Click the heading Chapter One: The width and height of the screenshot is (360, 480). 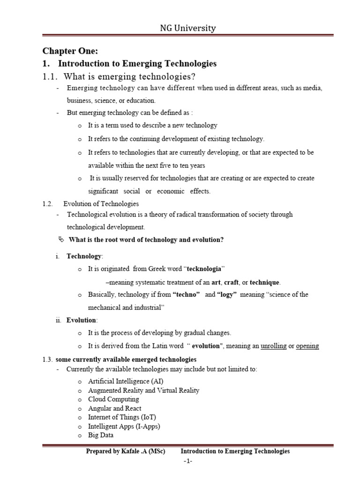click(x=70, y=51)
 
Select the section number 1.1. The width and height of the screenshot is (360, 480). click(x=50, y=76)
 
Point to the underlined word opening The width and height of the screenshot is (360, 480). click(x=307, y=346)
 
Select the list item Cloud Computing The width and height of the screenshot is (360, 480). click(x=113, y=399)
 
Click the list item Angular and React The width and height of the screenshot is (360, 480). click(x=114, y=408)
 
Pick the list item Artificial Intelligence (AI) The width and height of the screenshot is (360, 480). click(x=126, y=382)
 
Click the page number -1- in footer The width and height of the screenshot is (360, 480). click(x=188, y=461)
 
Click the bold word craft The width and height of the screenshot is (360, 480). click(x=231, y=282)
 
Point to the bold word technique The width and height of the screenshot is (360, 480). click(x=264, y=282)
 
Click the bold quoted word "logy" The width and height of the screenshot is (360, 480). click(x=227, y=295)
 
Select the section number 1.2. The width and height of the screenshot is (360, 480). click(x=47, y=204)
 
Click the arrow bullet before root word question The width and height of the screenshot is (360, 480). click(x=60, y=240)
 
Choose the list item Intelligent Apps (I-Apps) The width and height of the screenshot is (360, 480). click(x=124, y=426)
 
